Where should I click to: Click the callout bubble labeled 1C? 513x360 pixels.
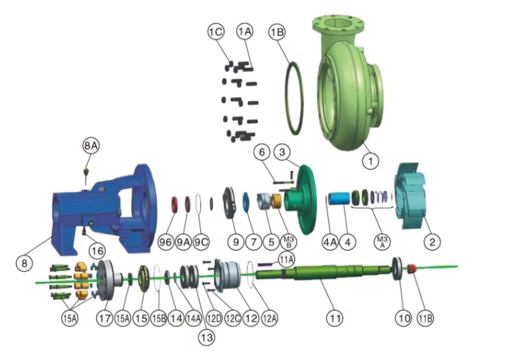click(x=216, y=32)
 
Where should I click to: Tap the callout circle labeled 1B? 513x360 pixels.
click(x=277, y=32)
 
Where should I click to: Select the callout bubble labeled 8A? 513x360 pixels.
click(x=91, y=146)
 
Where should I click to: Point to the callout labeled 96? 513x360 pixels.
click(x=166, y=242)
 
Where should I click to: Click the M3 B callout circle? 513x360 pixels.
click(x=288, y=242)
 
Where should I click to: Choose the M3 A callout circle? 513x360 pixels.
click(x=382, y=242)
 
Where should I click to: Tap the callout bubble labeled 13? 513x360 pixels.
click(x=207, y=338)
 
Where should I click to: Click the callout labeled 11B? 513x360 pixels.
click(x=425, y=318)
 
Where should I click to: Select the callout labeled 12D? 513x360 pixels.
click(x=214, y=318)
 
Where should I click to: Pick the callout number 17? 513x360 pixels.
click(x=105, y=318)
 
